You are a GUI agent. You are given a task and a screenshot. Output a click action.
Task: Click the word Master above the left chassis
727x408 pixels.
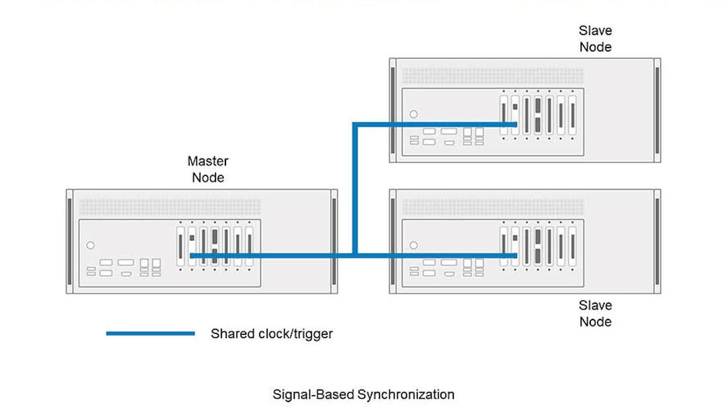pos(208,161)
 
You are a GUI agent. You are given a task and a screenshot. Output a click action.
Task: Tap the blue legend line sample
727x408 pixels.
pos(150,333)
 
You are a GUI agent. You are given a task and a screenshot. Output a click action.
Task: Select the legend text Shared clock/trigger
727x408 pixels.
pos(272,333)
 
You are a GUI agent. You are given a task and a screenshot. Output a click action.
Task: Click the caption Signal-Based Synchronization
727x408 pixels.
pos(363,395)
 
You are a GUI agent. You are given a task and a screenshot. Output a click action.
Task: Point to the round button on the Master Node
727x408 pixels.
pos(91,245)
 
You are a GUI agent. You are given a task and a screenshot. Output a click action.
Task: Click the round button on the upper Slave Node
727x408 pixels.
pos(414,114)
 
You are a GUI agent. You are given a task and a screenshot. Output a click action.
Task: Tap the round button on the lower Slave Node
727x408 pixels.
pos(414,245)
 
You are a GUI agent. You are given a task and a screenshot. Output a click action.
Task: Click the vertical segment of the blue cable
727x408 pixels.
pos(356,188)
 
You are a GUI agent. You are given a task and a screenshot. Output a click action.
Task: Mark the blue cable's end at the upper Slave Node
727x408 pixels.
pos(515,124)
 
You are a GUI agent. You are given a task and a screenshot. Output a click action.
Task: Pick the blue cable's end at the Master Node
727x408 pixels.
pos(192,255)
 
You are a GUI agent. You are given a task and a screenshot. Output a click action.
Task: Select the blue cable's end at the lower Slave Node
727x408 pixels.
pos(515,255)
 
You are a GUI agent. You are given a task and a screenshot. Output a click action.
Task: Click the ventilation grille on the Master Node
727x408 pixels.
pos(170,207)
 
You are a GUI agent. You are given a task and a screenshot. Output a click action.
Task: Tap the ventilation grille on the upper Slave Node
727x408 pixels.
pos(493,76)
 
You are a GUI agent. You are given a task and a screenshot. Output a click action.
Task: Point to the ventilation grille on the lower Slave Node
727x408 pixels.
pos(493,207)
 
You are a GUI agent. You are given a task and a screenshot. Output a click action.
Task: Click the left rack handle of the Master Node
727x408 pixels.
pos(69,241)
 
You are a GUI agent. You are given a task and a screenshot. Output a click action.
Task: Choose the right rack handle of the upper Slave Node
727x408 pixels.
pos(657,110)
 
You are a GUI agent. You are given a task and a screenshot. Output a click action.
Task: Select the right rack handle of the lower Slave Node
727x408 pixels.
pos(657,241)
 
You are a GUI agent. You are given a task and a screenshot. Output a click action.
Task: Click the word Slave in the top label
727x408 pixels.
pos(595,30)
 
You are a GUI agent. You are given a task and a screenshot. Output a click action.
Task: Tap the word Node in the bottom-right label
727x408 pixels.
pos(595,322)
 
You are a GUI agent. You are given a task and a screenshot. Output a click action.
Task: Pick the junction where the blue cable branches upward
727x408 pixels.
pos(356,255)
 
